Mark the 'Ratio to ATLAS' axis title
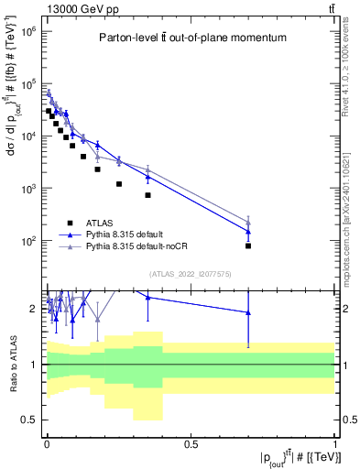(12, 365)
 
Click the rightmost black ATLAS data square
(248, 245)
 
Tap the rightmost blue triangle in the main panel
(248, 232)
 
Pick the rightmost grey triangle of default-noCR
(248, 222)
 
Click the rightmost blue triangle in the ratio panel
(248, 312)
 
